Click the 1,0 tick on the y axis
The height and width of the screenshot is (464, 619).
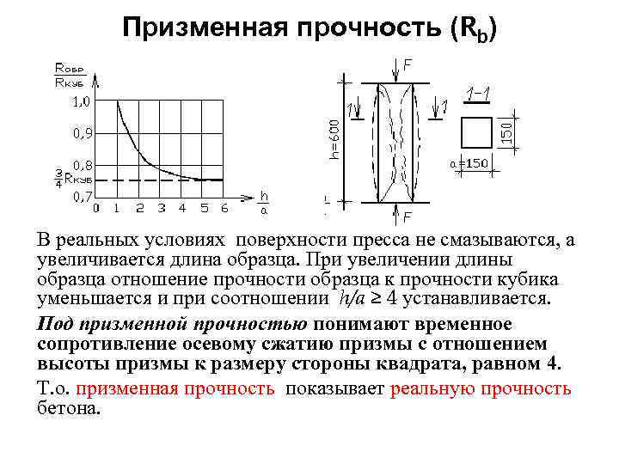[x=80, y=101]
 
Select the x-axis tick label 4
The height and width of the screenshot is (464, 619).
[x=181, y=208]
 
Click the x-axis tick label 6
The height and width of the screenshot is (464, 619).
[x=224, y=208]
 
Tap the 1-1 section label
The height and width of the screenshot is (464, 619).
[x=478, y=92]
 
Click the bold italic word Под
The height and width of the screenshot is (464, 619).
[x=54, y=325]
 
